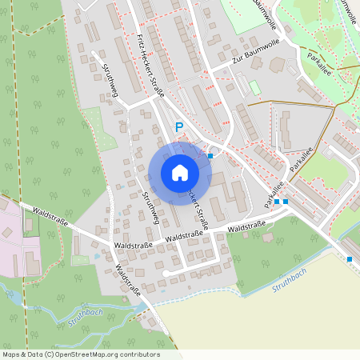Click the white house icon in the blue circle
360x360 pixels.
point(179,173)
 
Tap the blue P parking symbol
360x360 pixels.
point(179,126)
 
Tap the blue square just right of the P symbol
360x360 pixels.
point(210,155)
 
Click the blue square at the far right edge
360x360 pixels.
point(350,259)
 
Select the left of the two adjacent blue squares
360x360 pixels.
point(277,202)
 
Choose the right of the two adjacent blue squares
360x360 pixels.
point(286,202)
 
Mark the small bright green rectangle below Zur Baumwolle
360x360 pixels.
point(254,86)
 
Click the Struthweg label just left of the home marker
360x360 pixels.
point(150,209)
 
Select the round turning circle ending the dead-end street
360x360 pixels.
point(164,274)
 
